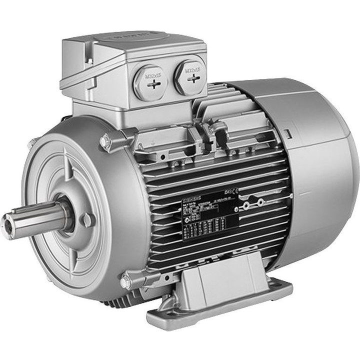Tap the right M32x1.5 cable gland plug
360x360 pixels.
point(190,77)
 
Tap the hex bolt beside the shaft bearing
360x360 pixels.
point(88,218)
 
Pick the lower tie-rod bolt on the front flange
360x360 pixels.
point(124,282)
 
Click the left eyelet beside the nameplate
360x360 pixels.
point(245,205)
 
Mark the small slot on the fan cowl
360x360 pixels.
point(289,133)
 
